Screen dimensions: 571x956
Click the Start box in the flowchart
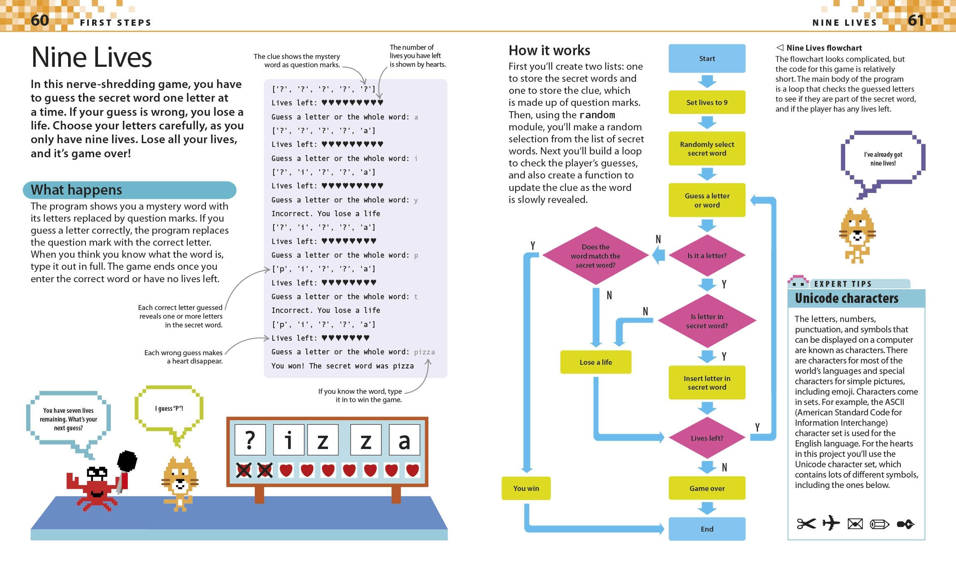pyautogui.click(x=707, y=59)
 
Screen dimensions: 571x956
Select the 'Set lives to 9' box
pyautogui.click(x=707, y=102)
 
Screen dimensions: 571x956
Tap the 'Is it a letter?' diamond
pyautogui.click(x=707, y=256)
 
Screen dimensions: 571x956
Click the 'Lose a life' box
pyautogui.click(x=595, y=362)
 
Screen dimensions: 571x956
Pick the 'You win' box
pyautogui.click(x=526, y=488)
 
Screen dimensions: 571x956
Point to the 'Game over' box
pyautogui.click(x=707, y=488)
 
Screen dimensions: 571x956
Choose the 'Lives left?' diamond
pyautogui.click(x=707, y=438)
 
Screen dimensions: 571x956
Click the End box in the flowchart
pyautogui.click(x=707, y=529)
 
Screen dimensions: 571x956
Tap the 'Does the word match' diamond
pyautogui.click(x=595, y=256)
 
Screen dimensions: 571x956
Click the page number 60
pyautogui.click(x=40, y=20)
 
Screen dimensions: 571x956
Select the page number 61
pyautogui.click(x=916, y=20)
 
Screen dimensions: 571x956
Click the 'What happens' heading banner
pyautogui.click(x=130, y=190)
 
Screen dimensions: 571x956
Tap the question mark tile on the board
pyautogui.click(x=250, y=440)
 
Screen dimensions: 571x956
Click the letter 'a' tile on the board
pyautogui.click(x=404, y=440)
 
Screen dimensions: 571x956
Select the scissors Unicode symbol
pyautogui.click(x=806, y=524)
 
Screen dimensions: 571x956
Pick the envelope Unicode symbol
pyautogui.click(x=855, y=524)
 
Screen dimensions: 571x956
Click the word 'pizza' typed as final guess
pyautogui.click(x=424, y=352)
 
